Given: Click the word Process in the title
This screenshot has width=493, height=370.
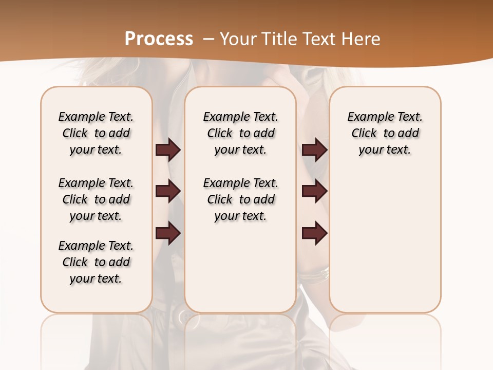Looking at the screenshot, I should [159, 39].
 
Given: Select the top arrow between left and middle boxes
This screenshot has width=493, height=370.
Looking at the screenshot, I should [168, 150].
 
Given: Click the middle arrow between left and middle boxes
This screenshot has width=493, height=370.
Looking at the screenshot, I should [168, 191].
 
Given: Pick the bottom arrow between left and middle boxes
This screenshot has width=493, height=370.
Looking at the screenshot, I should [168, 233].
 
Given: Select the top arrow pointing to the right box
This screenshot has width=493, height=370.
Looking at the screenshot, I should [314, 150].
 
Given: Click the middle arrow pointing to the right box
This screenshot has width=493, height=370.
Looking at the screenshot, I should [314, 191].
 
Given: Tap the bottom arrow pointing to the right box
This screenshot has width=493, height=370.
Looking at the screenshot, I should [314, 233].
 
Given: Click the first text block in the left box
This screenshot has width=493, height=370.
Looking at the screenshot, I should [96, 133].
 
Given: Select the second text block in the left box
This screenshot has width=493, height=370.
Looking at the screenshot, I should [96, 199].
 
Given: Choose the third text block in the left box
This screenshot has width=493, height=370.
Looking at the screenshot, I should [96, 262].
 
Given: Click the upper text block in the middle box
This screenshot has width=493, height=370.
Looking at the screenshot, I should [241, 133].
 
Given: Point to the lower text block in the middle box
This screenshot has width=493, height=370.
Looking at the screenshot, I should [241, 199].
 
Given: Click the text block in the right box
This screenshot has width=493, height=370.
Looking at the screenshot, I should [385, 133].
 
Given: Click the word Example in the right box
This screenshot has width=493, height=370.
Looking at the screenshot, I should [366, 117].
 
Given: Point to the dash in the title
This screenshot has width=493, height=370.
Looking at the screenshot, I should [208, 39].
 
